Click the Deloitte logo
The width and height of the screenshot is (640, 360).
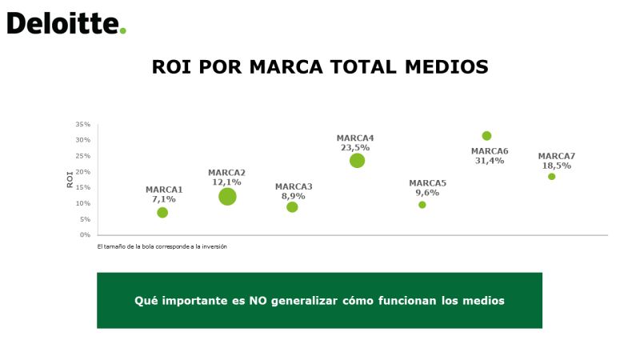point(66,23)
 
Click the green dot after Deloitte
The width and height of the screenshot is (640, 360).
point(123,30)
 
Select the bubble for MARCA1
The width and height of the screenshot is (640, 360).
point(162,212)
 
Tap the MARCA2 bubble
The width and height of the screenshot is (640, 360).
point(227,197)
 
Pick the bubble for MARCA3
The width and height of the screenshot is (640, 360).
point(292,207)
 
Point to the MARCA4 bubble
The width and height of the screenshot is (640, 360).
point(357,161)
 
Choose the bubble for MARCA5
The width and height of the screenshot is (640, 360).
point(422,205)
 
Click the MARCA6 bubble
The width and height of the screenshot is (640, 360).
point(486,135)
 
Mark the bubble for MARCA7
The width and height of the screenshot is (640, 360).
point(551,176)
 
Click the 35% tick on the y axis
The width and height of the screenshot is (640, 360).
point(82,124)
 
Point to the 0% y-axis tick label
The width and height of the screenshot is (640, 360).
point(85,234)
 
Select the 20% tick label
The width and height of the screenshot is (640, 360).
point(82,171)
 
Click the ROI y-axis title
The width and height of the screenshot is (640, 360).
point(70,179)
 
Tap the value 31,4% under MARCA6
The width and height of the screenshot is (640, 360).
point(490,161)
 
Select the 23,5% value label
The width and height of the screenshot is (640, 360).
point(355,147)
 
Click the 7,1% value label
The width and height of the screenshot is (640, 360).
point(164,199)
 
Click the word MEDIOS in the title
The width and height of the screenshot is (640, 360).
point(446,67)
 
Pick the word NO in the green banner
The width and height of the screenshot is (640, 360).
point(258,301)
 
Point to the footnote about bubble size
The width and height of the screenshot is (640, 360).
point(162,246)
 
